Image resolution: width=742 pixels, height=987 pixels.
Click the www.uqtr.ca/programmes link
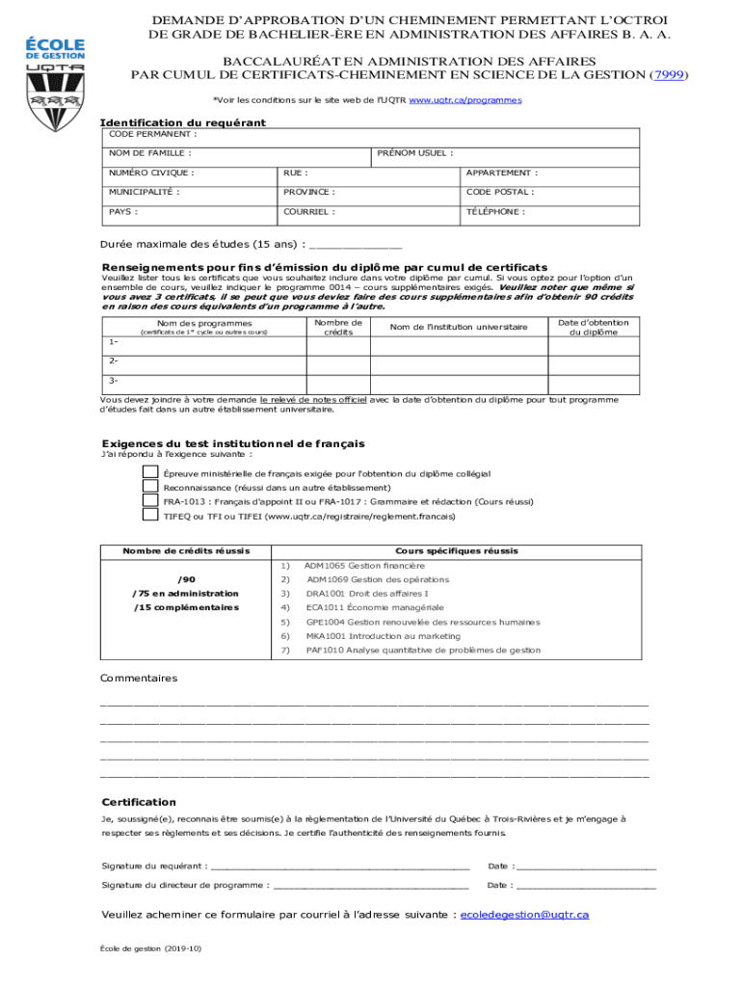(465, 99)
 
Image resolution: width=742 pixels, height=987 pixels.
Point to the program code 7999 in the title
(670, 75)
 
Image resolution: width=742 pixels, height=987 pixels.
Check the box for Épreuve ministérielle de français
(150, 473)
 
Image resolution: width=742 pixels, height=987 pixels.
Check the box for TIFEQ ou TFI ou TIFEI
(150, 516)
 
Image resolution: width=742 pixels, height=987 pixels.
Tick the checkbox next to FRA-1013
(150, 501)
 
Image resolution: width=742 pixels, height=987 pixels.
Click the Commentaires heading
(139, 679)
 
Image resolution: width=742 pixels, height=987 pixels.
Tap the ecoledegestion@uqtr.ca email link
(524, 915)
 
